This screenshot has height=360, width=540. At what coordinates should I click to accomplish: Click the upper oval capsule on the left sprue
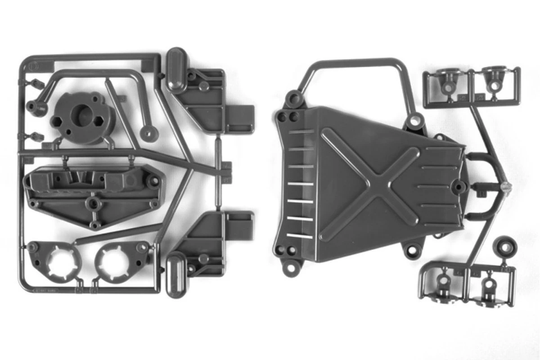click(x=176, y=70)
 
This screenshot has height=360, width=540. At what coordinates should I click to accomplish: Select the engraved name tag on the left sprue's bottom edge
click(x=45, y=290)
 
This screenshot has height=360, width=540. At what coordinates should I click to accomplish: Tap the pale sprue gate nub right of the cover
click(x=504, y=185)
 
